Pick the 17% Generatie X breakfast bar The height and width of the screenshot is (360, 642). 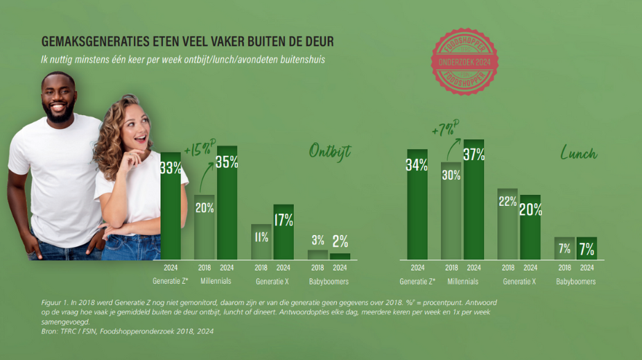(x=283, y=232)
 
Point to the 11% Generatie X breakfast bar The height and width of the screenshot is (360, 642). (x=261, y=241)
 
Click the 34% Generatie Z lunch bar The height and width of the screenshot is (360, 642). (x=417, y=205)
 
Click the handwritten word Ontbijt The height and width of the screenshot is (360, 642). (x=330, y=152)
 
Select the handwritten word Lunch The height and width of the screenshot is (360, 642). (x=579, y=153)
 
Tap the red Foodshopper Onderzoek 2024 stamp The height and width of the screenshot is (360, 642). (x=464, y=62)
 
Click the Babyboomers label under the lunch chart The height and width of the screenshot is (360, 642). (x=575, y=282)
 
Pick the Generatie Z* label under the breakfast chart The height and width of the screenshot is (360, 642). (x=170, y=282)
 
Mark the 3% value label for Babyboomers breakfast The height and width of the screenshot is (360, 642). (x=318, y=241)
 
